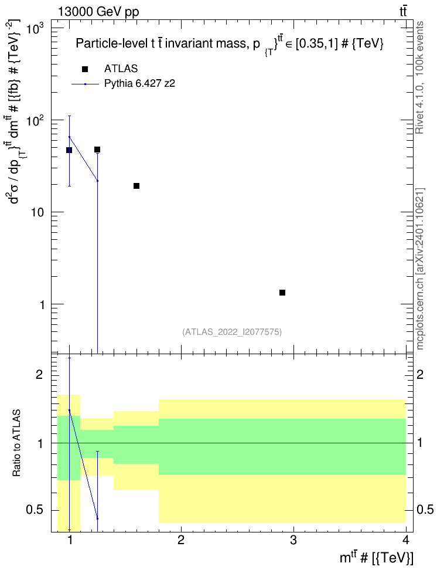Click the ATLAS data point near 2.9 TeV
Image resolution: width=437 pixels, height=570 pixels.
coord(282,293)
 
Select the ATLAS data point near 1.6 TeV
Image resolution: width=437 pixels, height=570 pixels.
coord(136,186)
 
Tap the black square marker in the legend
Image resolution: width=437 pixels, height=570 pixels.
coord(85,69)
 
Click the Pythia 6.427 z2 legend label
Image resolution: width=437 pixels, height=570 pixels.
coord(139,84)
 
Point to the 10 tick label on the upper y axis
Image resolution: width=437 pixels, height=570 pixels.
coord(37,212)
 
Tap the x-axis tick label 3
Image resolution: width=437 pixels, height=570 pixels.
coord(293,540)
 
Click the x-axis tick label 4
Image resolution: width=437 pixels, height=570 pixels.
coord(406,540)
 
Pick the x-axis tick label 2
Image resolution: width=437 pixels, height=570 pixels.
coord(181,540)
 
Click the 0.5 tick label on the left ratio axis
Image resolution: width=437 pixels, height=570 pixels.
coord(35,510)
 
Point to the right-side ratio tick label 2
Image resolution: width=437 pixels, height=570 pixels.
coord(420,374)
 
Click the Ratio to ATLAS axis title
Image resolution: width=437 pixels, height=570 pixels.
coord(16,443)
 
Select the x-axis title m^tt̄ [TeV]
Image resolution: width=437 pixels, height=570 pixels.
coord(376,557)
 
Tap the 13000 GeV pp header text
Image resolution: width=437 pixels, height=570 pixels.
coord(98,12)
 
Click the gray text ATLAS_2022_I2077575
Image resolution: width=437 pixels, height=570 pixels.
coord(232,332)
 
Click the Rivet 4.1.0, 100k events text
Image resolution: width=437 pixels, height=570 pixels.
coord(419,77)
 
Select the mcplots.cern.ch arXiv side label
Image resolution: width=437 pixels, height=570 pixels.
coord(419,269)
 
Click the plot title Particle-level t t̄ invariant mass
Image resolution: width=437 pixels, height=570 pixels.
coord(230,44)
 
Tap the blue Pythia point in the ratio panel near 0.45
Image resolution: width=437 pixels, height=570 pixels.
coord(97,518)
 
